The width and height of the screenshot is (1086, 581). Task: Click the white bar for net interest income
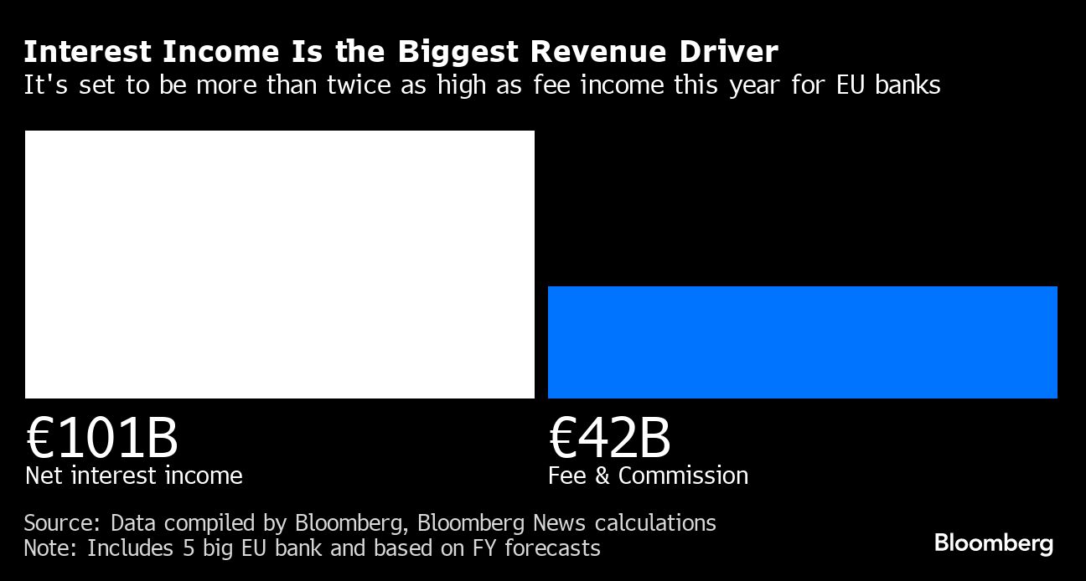pyautogui.click(x=279, y=264)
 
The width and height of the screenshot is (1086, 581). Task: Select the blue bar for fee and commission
pyautogui.click(x=802, y=342)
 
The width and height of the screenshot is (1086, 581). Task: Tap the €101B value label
pyautogui.click(x=101, y=438)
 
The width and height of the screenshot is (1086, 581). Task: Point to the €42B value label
pyautogui.click(x=609, y=438)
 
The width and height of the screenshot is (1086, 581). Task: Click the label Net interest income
pyautogui.click(x=134, y=476)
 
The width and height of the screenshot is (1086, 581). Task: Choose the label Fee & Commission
pyautogui.click(x=648, y=476)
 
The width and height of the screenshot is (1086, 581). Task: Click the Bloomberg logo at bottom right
pyautogui.click(x=993, y=542)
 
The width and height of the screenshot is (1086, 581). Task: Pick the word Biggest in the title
pyautogui.click(x=458, y=52)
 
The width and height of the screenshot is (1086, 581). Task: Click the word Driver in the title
pyautogui.click(x=728, y=52)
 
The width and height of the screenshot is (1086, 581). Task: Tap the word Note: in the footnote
pyautogui.click(x=52, y=548)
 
